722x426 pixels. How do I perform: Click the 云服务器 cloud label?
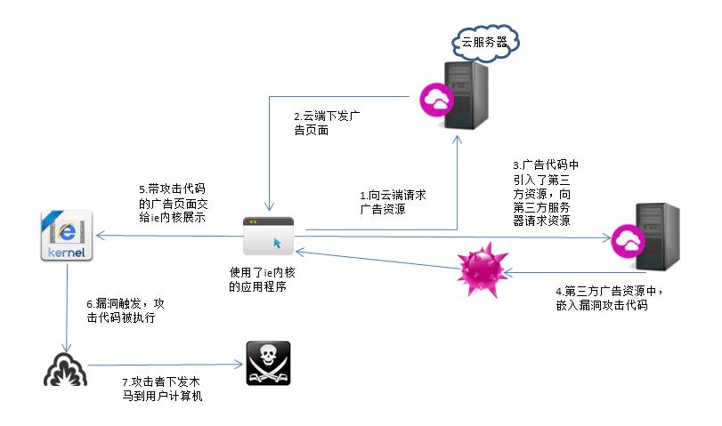click(486, 41)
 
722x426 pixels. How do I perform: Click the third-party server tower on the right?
click(658, 237)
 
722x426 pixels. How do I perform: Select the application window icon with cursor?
click(268, 235)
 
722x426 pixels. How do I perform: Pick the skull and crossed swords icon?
click(269, 364)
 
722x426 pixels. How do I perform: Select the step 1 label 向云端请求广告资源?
click(392, 202)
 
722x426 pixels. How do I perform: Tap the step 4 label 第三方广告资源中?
click(608, 297)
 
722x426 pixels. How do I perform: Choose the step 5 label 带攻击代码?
click(172, 202)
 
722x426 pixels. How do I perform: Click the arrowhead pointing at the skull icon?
click(239, 364)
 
